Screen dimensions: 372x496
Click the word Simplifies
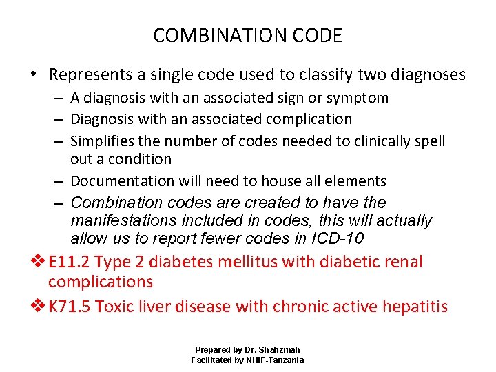click(x=103, y=141)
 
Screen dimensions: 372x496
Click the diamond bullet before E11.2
click(x=40, y=262)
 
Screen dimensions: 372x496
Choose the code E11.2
click(x=69, y=262)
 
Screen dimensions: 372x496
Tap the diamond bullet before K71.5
click(x=40, y=307)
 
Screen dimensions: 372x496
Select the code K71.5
click(x=69, y=306)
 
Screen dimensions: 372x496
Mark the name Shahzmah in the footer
click(x=279, y=350)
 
